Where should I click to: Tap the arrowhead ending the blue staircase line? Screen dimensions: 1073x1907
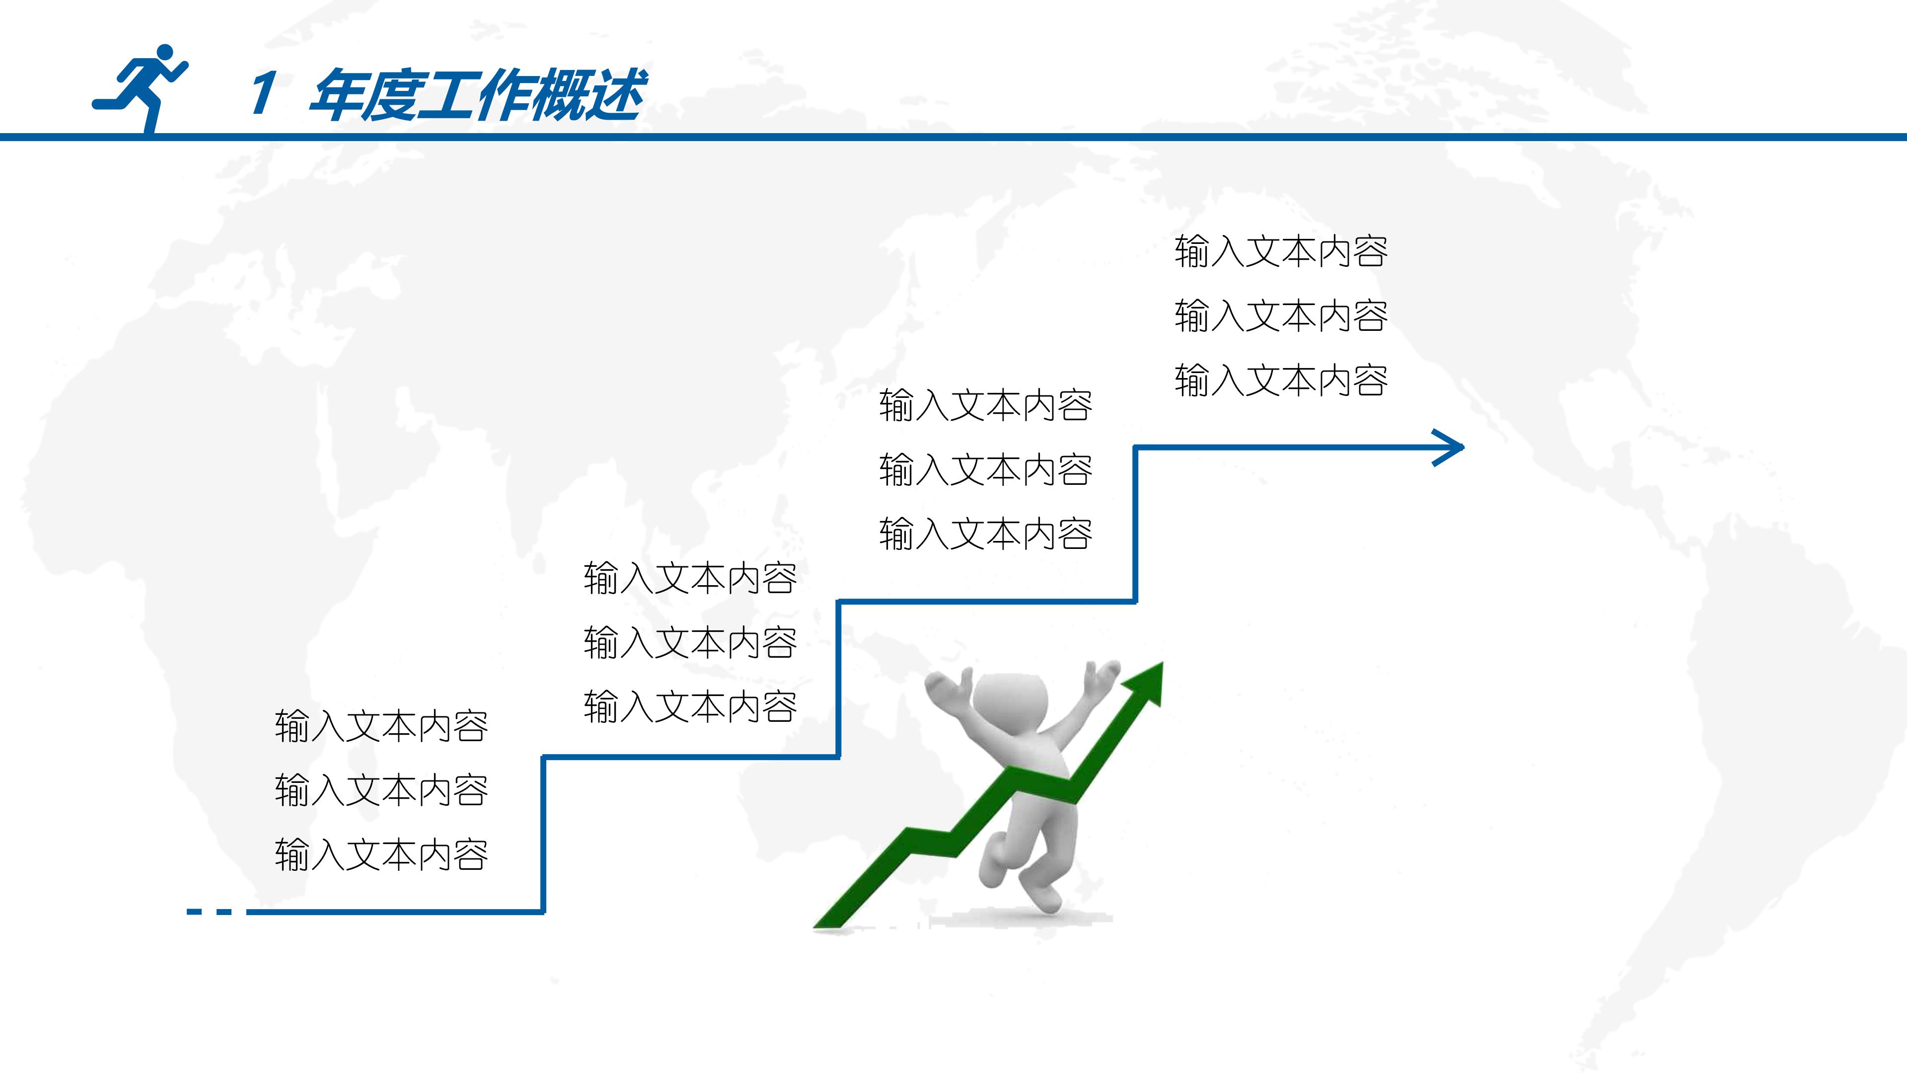tap(1450, 447)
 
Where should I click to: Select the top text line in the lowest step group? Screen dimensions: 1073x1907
tap(381, 726)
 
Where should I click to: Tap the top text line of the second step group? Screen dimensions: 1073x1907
tap(690, 578)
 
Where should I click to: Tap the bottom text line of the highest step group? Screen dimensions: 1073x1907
tap(1281, 381)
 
